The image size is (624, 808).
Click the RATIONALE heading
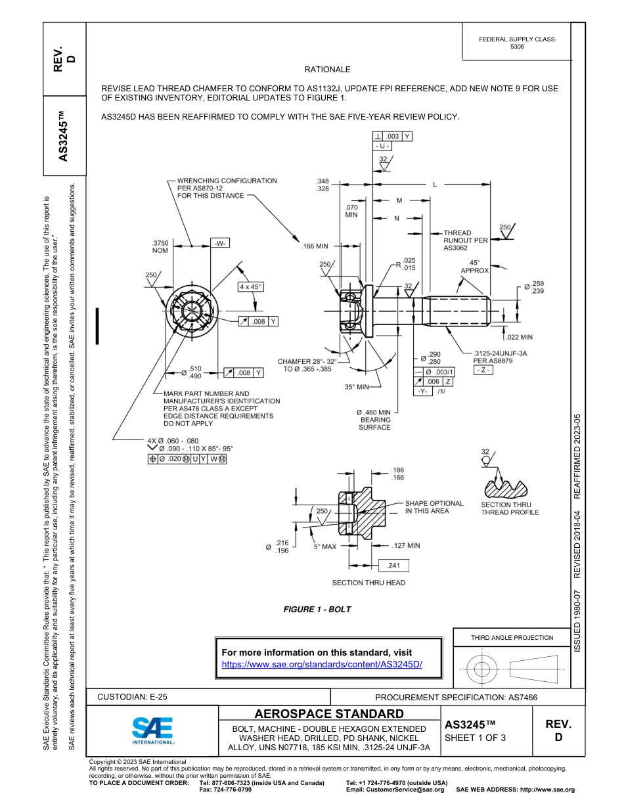(327, 70)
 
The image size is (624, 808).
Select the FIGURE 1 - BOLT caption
(317, 610)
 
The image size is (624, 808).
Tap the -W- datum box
(220, 243)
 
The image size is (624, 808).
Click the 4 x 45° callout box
(250, 287)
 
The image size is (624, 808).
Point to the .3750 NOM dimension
(160, 246)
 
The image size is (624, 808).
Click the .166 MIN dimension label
(315, 246)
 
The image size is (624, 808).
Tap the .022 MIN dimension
(518, 337)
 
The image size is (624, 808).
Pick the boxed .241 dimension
(394, 565)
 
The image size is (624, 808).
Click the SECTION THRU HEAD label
(368, 583)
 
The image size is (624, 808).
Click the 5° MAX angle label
(324, 547)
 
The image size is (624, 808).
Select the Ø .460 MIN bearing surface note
(374, 420)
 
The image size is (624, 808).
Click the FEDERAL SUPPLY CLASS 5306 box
(516, 43)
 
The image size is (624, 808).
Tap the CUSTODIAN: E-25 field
(127, 697)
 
